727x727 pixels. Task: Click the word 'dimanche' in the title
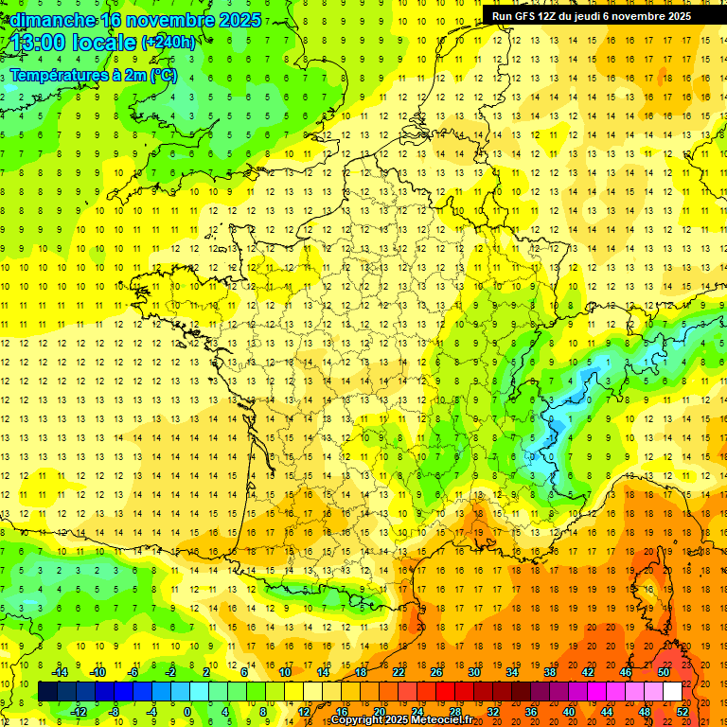click(51, 20)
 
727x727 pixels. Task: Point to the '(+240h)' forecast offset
click(168, 43)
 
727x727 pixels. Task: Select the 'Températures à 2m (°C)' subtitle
click(93, 75)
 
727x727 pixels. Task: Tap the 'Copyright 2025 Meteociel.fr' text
click(401, 720)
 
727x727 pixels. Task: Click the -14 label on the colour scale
click(61, 671)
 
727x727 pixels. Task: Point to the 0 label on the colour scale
click(187, 711)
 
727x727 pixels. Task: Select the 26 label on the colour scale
click(436, 671)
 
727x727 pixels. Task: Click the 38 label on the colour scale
click(549, 671)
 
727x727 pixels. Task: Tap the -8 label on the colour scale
click(115, 711)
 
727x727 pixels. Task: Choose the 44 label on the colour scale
click(607, 711)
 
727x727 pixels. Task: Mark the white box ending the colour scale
click(672, 691)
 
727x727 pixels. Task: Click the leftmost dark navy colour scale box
click(47, 691)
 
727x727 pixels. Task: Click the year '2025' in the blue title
click(240, 20)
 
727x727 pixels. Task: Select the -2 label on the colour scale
click(171, 671)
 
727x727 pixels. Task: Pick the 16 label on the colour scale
click(342, 711)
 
